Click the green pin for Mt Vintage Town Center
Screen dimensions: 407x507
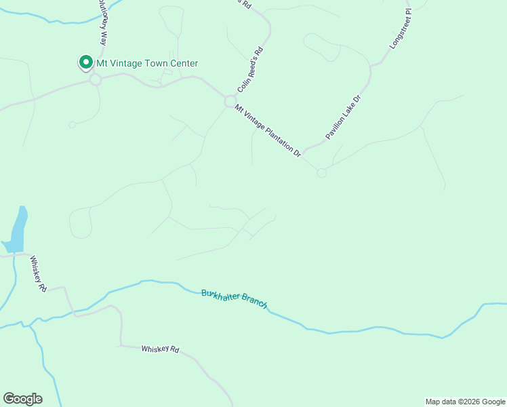[x=86, y=63]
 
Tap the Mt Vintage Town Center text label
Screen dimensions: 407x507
[x=147, y=64]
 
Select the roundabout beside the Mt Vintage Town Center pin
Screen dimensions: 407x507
[x=95, y=80]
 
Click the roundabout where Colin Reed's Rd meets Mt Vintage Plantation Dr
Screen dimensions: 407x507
[x=230, y=100]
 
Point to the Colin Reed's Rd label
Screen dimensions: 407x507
[x=249, y=70]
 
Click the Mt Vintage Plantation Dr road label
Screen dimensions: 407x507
[x=268, y=131]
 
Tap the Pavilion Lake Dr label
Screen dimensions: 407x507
[x=345, y=117]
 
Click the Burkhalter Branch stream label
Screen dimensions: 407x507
[x=235, y=298]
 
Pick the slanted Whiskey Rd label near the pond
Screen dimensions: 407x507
[x=38, y=273]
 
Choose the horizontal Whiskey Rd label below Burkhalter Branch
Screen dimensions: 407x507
[x=160, y=349]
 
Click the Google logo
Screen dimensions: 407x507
[x=22, y=399]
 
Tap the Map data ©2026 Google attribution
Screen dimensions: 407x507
[x=466, y=402]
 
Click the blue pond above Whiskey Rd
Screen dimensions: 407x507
[x=18, y=229]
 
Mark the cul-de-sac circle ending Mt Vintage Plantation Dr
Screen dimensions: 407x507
[x=321, y=173]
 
